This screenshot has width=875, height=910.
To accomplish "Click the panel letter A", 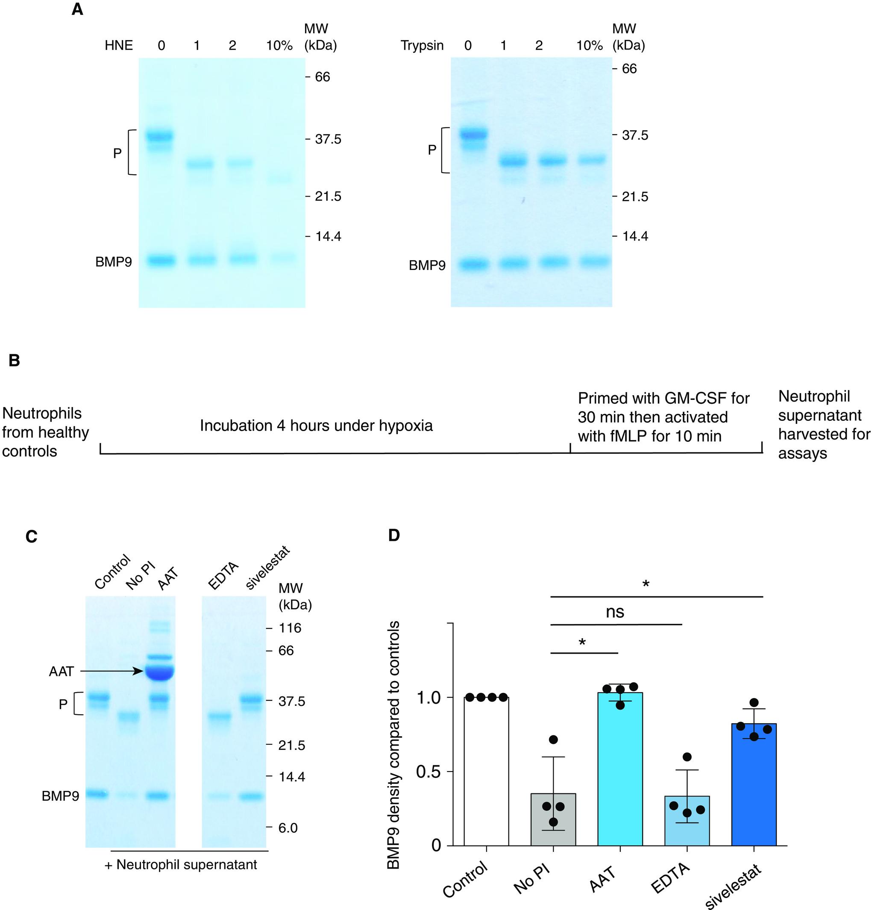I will point(77,10).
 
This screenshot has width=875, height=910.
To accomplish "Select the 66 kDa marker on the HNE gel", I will point(322,76).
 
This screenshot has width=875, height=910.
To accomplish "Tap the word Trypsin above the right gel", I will point(422,45).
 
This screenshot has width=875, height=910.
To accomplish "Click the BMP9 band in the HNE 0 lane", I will point(160,261).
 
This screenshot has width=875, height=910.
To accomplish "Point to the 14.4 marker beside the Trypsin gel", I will point(634,236).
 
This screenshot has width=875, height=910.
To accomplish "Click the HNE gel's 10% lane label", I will point(279,45).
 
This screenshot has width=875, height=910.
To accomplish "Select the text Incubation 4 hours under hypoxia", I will point(316,425).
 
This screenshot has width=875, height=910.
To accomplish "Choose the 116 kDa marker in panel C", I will point(290,628).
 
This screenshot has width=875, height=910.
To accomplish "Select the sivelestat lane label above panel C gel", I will point(267,568).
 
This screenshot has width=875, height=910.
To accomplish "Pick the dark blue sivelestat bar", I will point(753,789).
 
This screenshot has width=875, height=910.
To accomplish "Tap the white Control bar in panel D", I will point(486,771).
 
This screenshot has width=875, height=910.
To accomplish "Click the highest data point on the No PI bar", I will point(553,740).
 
